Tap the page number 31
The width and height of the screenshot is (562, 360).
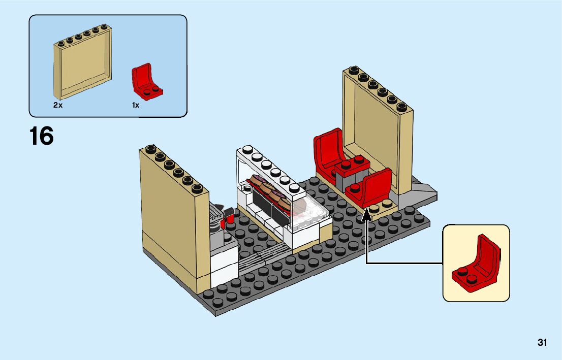(542, 343)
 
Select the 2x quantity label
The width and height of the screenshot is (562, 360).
(57, 105)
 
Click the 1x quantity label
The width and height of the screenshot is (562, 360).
(136, 105)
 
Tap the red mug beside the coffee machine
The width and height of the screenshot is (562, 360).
(229, 219)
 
